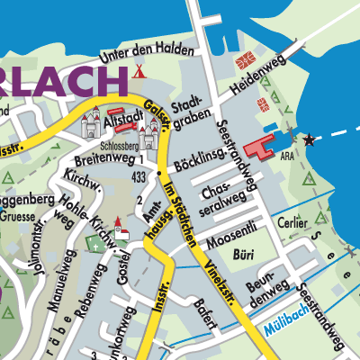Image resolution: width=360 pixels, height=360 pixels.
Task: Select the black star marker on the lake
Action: pos(310,139)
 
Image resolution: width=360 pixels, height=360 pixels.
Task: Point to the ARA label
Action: pos(287,156)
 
